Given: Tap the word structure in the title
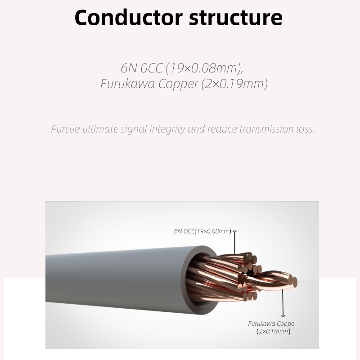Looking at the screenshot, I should [235, 17].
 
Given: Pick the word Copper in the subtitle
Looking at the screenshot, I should [178, 84].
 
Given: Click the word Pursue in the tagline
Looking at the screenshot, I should [65, 130].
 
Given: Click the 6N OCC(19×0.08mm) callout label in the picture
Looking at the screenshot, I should [202, 231].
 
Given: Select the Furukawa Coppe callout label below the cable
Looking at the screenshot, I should [271, 324].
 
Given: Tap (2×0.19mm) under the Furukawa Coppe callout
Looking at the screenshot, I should [273, 332].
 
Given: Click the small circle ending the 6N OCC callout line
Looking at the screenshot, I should [235, 231].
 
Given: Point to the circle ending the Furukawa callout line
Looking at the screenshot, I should [283, 315].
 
